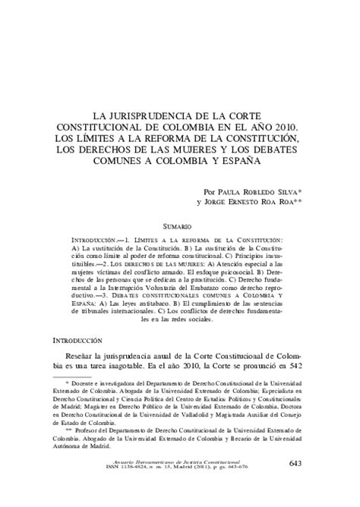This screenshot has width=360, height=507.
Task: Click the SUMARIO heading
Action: [180, 225]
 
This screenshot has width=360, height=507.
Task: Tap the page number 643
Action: [299, 486]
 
